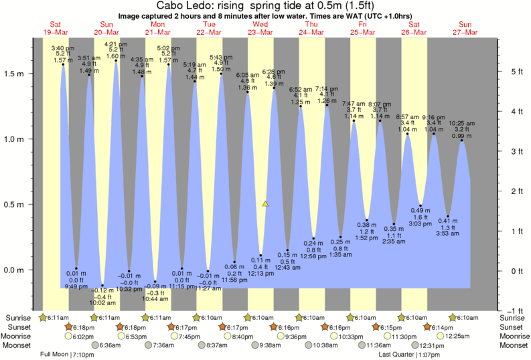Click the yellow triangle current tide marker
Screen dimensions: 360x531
[x=266, y=203]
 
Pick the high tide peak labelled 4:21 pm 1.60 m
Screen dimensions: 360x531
[x=116, y=62]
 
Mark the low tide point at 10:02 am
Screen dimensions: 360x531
[x=102, y=284]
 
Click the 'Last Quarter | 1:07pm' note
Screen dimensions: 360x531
[x=405, y=355]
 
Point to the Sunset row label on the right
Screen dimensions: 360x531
[x=513, y=327]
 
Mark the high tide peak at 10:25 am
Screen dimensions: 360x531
[x=461, y=140]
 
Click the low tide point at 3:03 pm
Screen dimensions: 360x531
[x=421, y=205]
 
